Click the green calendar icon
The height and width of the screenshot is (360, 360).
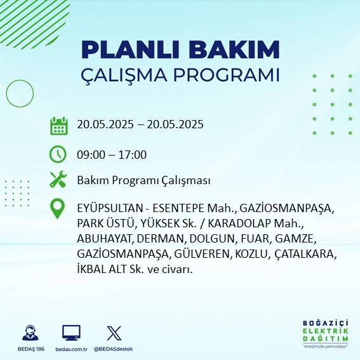click(58, 125)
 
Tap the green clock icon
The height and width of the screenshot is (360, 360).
click(58, 154)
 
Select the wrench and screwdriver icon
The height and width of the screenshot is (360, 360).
click(58, 180)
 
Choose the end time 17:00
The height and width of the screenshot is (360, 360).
click(133, 154)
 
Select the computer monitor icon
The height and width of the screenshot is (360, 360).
click(71, 333)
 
